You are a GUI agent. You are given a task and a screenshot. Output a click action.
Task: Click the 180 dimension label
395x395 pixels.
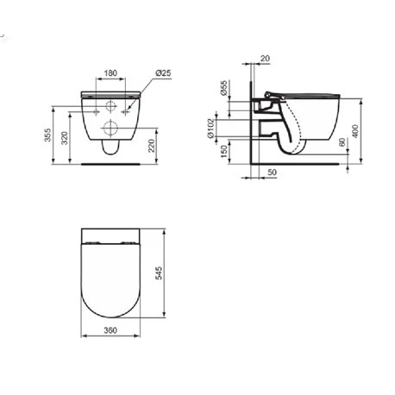tap(110, 73)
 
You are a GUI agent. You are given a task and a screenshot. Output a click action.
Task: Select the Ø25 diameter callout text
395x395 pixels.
tap(163, 73)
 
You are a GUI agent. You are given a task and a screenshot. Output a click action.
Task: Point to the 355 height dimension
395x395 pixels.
tap(47, 135)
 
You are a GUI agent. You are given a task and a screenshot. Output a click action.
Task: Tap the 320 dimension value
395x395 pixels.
tap(65, 138)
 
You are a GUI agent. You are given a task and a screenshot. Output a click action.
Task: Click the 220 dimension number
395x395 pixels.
tap(151, 146)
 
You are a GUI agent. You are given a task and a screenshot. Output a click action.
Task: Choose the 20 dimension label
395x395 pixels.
tap(265, 59)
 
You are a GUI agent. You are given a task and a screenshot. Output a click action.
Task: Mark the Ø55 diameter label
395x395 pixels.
tap(223, 88)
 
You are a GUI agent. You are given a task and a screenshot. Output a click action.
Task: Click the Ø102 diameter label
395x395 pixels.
tap(210, 129)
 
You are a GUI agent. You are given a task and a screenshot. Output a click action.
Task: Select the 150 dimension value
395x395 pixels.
tap(223, 152)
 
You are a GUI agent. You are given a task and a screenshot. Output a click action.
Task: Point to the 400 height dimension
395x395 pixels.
tap(355, 131)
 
